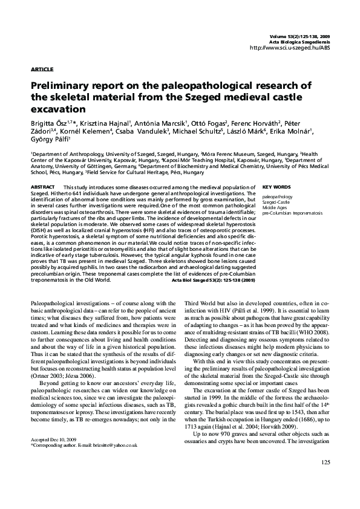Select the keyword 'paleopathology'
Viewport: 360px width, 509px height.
(277, 197)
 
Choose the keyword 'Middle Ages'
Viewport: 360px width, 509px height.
(274, 208)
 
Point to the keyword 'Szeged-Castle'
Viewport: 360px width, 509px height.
(276, 203)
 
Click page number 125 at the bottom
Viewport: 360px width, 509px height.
(326, 480)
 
